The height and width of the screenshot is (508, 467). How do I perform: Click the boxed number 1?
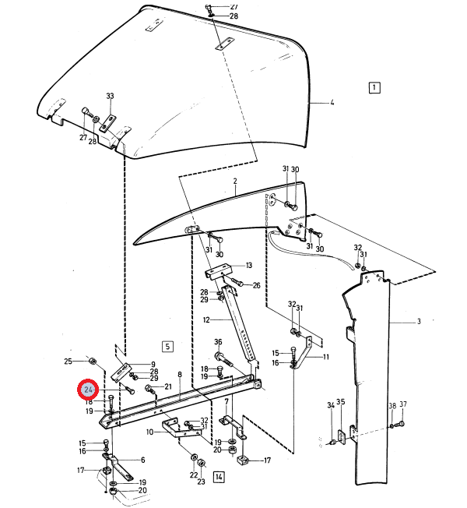[x=374, y=87]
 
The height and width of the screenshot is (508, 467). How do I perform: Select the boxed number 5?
[x=167, y=345]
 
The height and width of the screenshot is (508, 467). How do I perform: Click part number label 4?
[x=332, y=102]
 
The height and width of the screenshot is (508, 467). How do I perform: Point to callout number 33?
[x=110, y=96]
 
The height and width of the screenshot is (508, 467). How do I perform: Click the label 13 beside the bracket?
[x=249, y=265]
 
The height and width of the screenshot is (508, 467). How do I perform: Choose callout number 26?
[x=256, y=285]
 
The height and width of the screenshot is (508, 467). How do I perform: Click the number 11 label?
[x=326, y=357]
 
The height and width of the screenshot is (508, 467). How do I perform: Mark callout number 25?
[x=68, y=362]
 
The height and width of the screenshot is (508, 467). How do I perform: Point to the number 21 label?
[x=167, y=387]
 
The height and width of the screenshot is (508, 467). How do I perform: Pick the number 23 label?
[x=202, y=482]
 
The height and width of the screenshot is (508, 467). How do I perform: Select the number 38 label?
[x=392, y=405]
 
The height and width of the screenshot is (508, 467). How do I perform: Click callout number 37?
[x=403, y=405]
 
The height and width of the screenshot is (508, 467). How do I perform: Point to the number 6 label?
[x=142, y=460]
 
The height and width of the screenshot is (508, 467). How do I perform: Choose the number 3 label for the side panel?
[x=418, y=321]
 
